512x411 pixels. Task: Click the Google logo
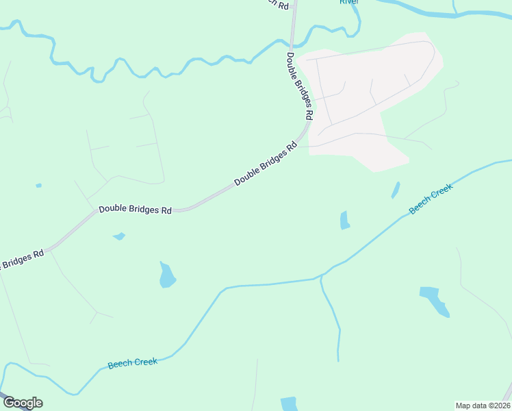[23, 403]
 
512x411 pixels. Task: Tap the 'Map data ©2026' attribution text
[483, 406]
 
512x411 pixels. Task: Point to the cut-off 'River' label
[349, 2]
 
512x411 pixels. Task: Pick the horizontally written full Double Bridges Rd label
[135, 210]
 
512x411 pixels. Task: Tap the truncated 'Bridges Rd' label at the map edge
[21, 259]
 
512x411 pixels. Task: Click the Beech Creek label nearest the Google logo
[132, 363]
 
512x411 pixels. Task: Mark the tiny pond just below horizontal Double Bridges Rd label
[119, 236]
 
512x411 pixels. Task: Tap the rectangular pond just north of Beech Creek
[344, 220]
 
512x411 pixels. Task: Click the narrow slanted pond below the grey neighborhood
[396, 190]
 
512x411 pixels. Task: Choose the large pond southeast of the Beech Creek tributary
[435, 300]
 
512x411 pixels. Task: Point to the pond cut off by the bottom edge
[289, 403]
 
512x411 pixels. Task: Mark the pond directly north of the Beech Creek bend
[166, 275]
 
